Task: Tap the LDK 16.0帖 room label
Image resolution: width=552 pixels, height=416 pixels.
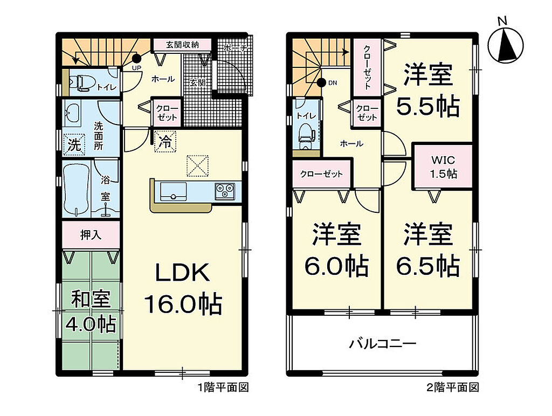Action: click(x=183, y=289)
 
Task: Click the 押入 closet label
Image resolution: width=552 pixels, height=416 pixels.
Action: click(x=91, y=235)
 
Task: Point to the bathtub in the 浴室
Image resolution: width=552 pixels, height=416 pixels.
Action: click(x=75, y=189)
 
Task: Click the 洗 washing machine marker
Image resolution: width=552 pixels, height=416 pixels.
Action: click(x=74, y=144)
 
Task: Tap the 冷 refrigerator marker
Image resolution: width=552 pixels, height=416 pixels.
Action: click(x=165, y=142)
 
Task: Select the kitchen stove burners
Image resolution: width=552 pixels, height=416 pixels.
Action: click(x=225, y=191)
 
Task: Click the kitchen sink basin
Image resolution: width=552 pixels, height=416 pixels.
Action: click(x=173, y=191)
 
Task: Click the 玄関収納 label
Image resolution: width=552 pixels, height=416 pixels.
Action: click(x=182, y=45)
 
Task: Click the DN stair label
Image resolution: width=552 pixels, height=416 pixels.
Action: click(x=332, y=83)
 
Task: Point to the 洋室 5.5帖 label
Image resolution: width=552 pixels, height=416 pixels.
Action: click(x=428, y=90)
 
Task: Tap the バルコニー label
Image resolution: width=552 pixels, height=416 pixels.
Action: click(x=383, y=343)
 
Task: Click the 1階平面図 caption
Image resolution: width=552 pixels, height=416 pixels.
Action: click(x=223, y=387)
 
